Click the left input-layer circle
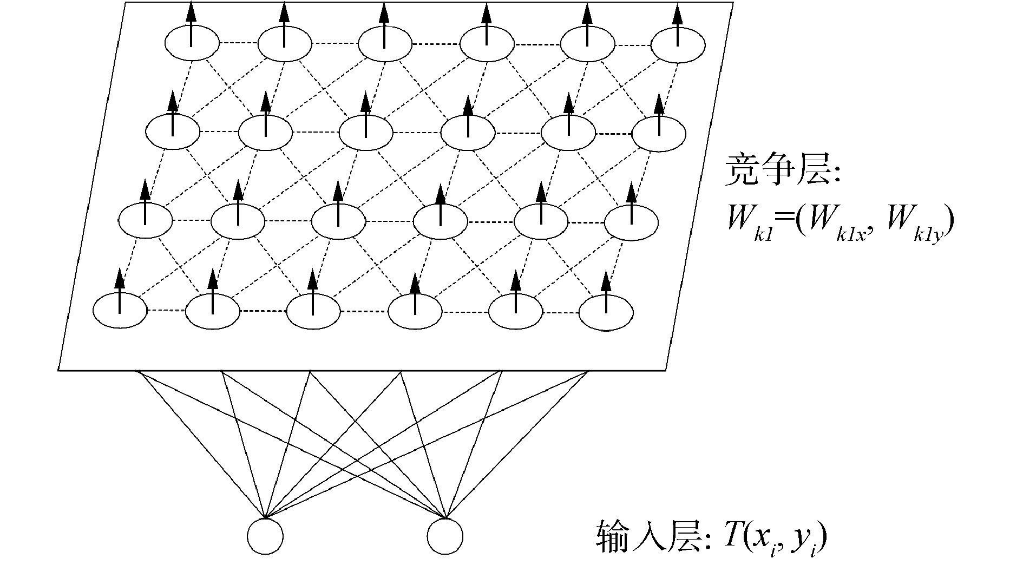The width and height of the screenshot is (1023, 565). coord(265,536)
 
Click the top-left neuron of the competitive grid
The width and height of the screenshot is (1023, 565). coord(192,43)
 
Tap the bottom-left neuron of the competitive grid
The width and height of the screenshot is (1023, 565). coord(120,310)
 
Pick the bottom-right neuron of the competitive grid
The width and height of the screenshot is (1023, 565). coord(606,312)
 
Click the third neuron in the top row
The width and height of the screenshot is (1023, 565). coord(384,44)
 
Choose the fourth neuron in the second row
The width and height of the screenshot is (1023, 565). coord(468,133)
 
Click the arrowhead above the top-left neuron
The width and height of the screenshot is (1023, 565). coord(191,11)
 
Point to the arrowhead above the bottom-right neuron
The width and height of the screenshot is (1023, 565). coord(606,281)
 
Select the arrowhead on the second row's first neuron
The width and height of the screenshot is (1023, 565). coord(172,100)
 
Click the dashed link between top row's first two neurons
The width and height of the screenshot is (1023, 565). coord(238,43)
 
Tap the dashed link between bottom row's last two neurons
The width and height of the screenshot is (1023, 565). coord(561,312)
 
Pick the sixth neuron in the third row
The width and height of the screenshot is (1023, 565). coord(631,222)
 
